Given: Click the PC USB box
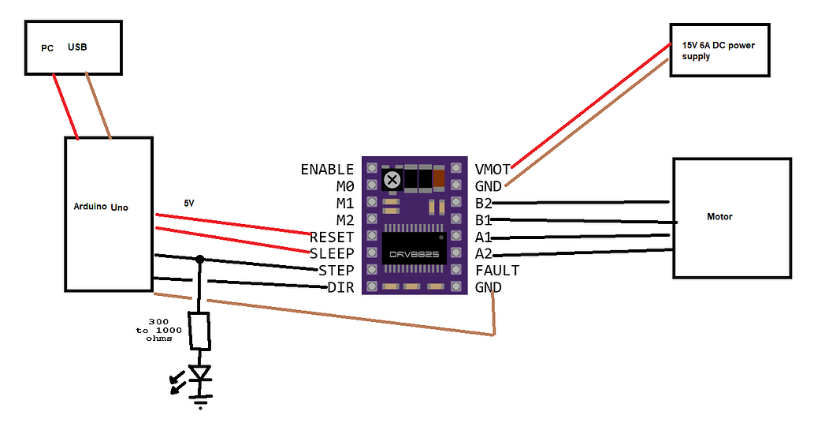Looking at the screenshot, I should tap(73, 48).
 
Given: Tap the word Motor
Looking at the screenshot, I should tap(719, 216).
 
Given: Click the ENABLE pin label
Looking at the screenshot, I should tap(327, 170).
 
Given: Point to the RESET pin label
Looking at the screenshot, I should tap(332, 237).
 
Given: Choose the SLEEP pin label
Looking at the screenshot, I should tap(332, 253).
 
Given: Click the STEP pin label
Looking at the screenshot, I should tap(336, 271).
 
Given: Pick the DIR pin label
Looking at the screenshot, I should tap(340, 287).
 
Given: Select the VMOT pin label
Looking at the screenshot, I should tap(492, 169).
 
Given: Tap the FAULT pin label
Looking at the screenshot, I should tap(497, 271).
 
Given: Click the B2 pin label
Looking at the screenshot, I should tap(483, 203).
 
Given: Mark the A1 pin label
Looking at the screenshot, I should tap(483, 237).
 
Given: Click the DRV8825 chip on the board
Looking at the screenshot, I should tap(414, 249).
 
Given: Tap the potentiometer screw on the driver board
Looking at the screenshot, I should tap(391, 180).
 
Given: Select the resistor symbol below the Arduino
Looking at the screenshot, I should tap(201, 331).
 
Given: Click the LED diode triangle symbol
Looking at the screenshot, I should tap(201, 372).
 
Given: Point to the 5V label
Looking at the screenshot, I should tap(188, 203).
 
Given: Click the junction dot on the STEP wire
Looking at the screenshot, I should tap(200, 259).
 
